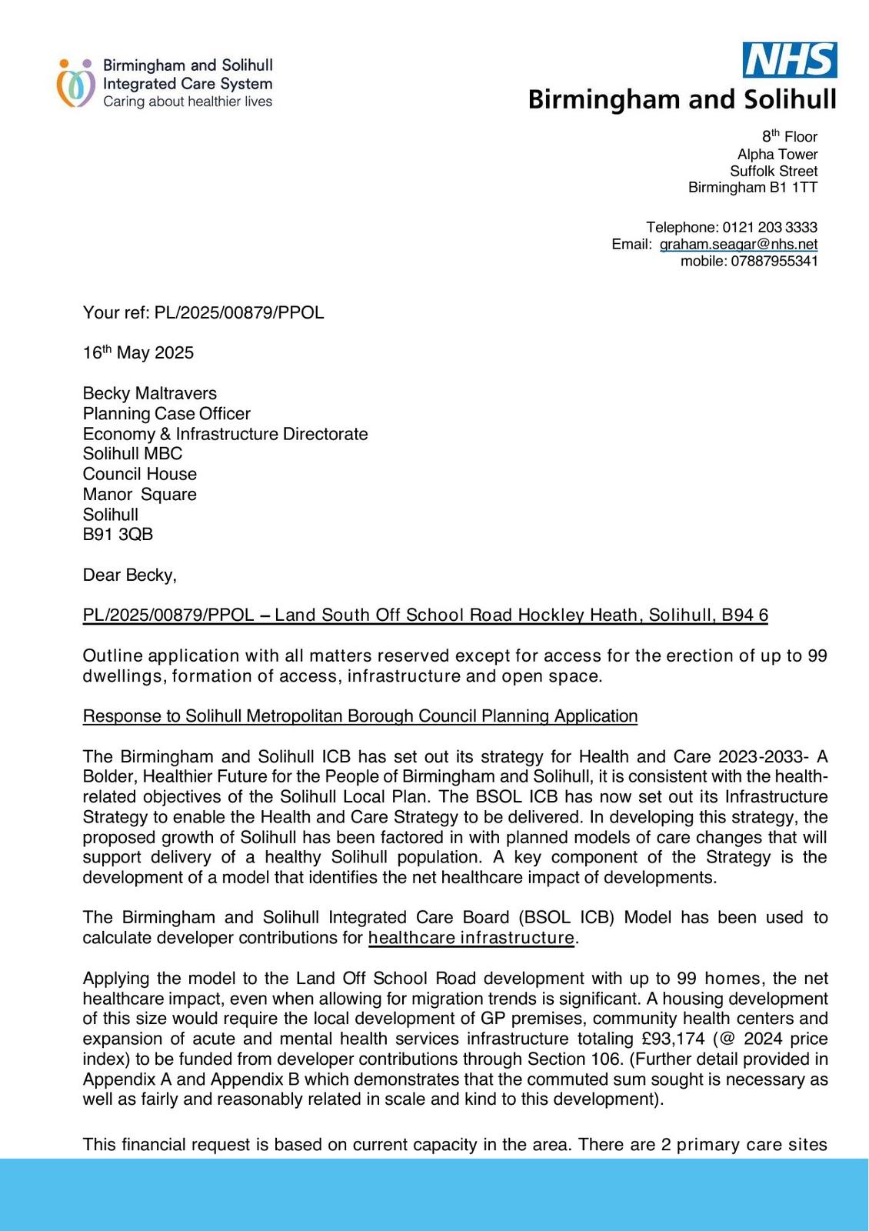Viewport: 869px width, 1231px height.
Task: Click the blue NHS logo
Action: coord(790,60)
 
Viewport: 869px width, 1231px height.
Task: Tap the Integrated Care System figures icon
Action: coord(75,83)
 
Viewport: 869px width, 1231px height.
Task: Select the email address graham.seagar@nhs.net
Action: coord(738,245)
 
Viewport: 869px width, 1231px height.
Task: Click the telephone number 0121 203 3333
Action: coord(770,228)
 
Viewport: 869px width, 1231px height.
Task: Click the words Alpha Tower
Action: coord(777,155)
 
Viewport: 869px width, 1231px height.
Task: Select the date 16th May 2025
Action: coord(138,353)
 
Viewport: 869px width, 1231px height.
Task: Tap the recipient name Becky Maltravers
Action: coord(150,394)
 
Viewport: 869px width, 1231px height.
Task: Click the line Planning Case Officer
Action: coord(167,414)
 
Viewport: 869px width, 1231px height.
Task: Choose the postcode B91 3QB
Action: coord(118,535)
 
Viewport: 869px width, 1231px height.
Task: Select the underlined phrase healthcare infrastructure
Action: coord(471,938)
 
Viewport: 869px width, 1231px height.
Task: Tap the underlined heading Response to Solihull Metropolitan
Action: coord(360,716)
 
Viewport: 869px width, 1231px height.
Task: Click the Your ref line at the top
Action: coord(204,313)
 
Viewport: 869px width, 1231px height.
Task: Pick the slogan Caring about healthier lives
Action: coord(188,102)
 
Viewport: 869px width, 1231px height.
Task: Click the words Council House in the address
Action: coord(140,474)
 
